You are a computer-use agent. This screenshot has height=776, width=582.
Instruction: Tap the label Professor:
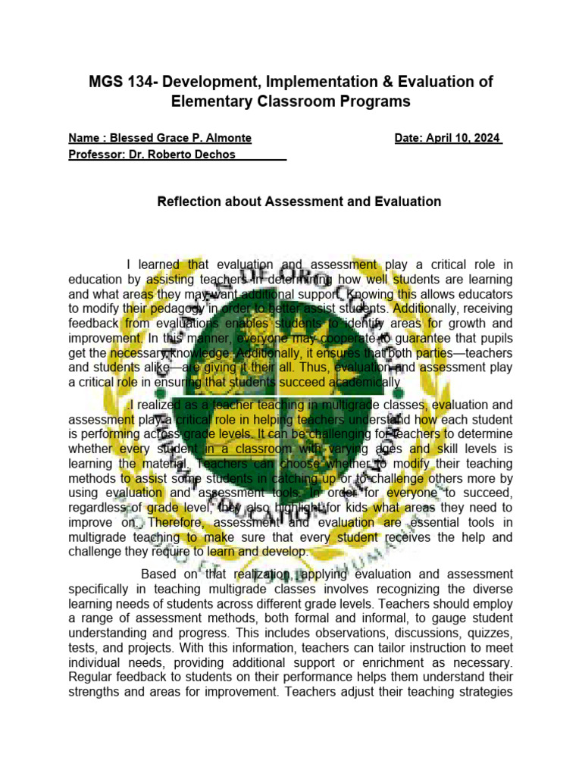point(96,155)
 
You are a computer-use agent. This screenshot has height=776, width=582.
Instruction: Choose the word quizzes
point(487,633)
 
